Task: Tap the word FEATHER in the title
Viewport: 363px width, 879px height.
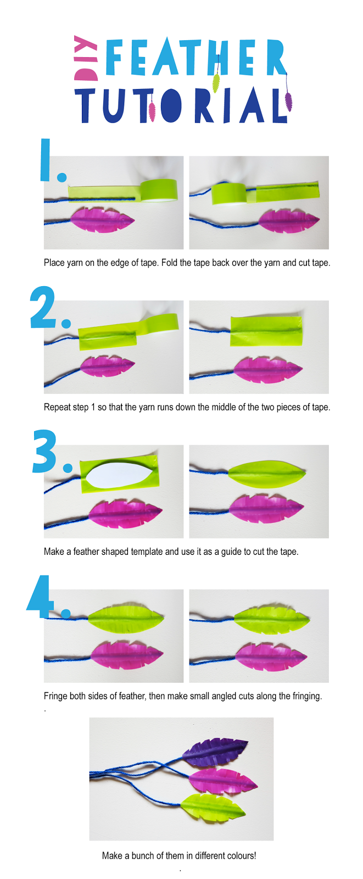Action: point(196,57)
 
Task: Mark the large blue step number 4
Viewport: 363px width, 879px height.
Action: point(47,597)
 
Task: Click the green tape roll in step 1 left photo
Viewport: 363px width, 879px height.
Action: point(159,190)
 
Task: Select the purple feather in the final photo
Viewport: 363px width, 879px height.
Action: point(215,752)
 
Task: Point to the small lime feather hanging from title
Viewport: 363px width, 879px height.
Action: point(216,83)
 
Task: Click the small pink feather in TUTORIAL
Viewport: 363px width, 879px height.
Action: point(152,112)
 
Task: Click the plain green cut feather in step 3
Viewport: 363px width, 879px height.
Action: point(266,474)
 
